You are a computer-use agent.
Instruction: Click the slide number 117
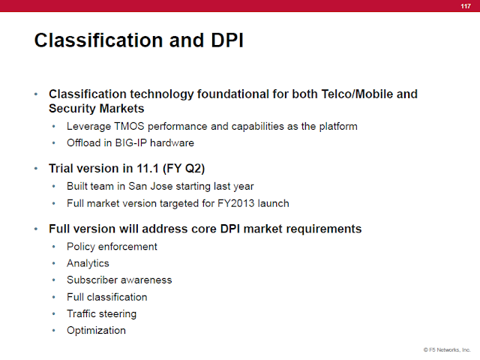[466, 6]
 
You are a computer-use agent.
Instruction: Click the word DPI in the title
[227, 40]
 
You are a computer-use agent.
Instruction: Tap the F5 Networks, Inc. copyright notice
[447, 349]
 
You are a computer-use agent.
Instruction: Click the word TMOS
[129, 126]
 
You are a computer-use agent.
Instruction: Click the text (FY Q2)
[184, 169]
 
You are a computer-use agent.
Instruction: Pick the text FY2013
[236, 203]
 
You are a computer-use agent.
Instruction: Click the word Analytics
[88, 263]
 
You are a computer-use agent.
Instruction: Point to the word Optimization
[96, 331]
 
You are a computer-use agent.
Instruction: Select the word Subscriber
[92, 280]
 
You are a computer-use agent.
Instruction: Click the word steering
[118, 314]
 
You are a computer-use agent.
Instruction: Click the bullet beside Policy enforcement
[54, 247]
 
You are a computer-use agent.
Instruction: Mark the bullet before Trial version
[36, 169]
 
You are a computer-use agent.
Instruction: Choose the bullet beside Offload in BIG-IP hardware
[54, 143]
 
